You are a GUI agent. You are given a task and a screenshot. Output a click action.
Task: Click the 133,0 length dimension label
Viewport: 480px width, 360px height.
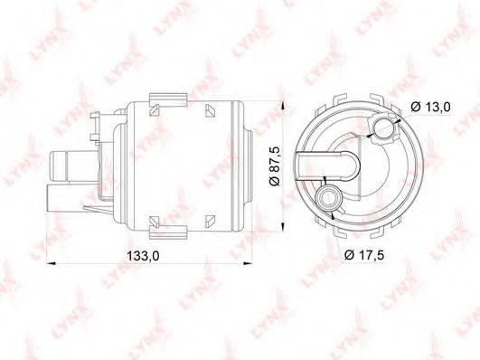tap(143, 255)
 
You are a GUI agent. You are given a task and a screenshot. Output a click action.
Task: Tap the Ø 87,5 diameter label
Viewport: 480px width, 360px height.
tap(275, 166)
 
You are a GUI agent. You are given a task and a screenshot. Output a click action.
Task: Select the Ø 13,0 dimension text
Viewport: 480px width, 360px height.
tap(431, 107)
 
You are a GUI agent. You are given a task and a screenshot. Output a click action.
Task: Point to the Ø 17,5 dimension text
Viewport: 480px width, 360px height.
tap(364, 254)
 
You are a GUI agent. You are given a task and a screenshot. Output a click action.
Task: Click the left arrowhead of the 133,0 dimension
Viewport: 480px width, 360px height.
tap(51, 262)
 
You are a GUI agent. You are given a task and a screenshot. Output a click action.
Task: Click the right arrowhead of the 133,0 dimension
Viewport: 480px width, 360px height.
tap(247, 262)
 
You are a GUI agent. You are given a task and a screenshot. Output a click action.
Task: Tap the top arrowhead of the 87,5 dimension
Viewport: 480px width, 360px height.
tap(284, 105)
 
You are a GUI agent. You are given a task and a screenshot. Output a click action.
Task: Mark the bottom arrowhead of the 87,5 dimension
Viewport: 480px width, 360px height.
tap(284, 226)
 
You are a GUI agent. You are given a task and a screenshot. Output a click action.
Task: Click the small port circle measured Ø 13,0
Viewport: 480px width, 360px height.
tap(383, 128)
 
